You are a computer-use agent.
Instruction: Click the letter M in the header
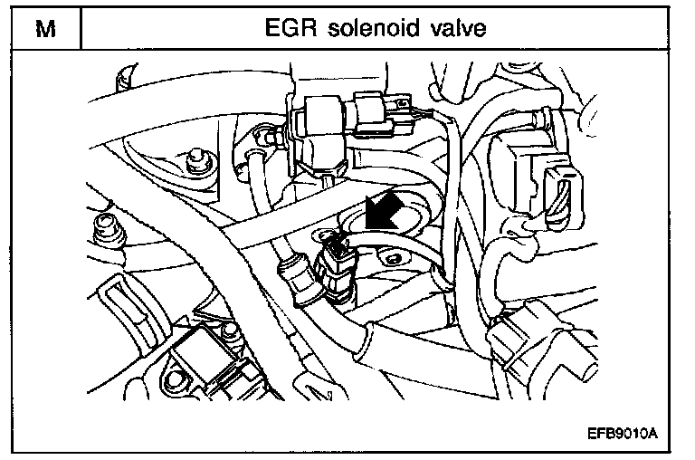click(x=42, y=29)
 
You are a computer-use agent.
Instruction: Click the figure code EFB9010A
click(x=621, y=434)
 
